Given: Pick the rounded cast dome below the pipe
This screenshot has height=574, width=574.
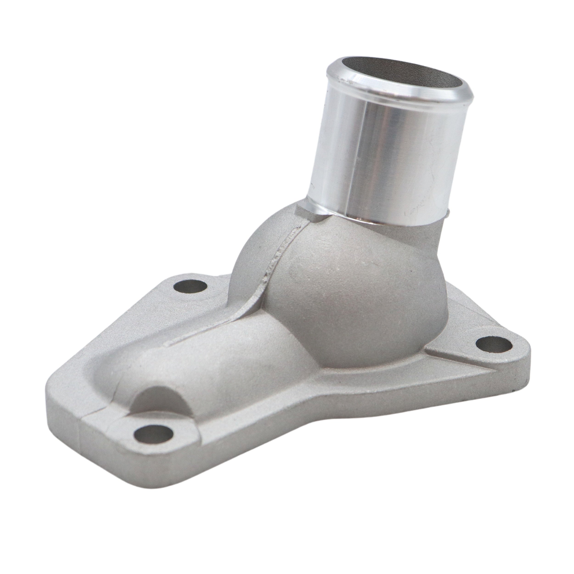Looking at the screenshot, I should tap(342, 285).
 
